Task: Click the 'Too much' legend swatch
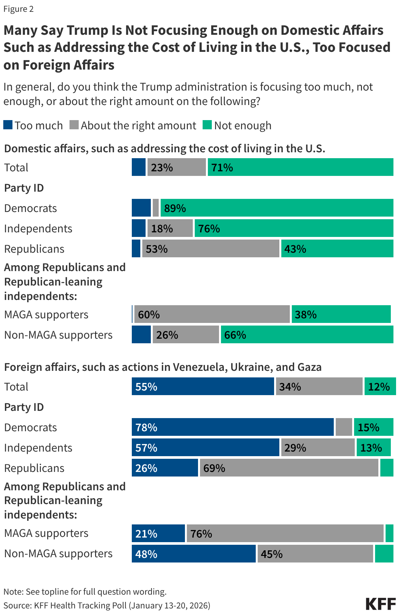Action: [8, 125]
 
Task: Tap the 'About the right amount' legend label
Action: [138, 125]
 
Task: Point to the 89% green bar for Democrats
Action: [277, 208]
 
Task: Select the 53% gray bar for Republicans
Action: [210, 249]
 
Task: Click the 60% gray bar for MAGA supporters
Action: [212, 314]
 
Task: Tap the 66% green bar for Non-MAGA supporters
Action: [307, 335]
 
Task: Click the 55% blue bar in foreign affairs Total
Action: [203, 387]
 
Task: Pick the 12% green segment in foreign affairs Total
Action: [380, 387]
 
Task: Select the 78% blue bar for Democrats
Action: [232, 427]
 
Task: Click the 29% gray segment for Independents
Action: [318, 448]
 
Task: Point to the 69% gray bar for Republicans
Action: [289, 468]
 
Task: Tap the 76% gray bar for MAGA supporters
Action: [285, 533]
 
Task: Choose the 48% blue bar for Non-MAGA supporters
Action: [193, 554]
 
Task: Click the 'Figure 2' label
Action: [19, 9]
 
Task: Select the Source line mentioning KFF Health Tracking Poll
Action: [107, 605]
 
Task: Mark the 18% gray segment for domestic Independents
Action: [170, 228]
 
